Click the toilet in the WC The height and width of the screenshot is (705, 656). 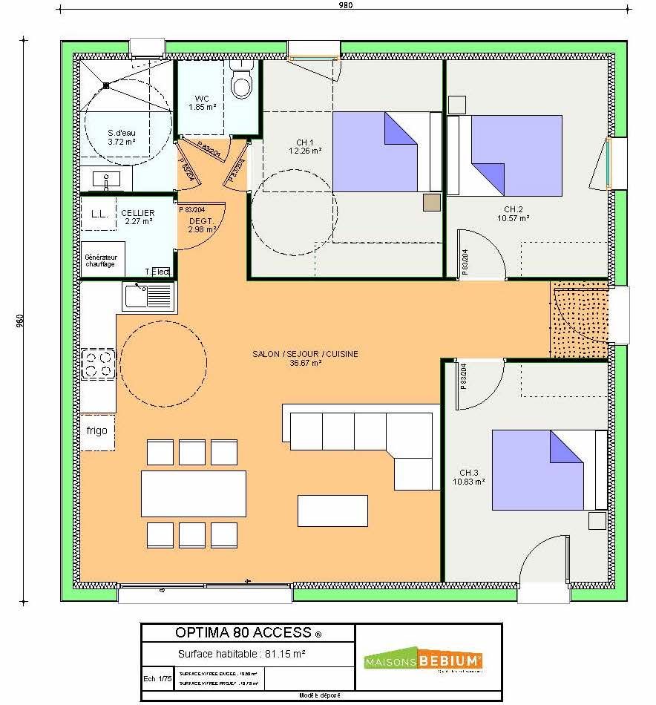tap(241, 84)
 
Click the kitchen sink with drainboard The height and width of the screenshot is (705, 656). tap(148, 297)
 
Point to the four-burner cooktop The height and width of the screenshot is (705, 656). tap(97, 364)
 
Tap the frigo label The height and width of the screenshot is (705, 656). tap(97, 430)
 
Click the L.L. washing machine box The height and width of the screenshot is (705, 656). tap(99, 214)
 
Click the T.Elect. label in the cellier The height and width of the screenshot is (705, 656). tap(158, 272)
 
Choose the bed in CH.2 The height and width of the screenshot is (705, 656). tap(509, 155)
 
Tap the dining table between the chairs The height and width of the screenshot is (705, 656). tap(193, 493)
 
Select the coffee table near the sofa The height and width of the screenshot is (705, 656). tap(332, 510)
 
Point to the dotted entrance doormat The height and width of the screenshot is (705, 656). tap(579, 320)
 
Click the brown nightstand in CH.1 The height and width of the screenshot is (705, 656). tap(431, 203)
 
